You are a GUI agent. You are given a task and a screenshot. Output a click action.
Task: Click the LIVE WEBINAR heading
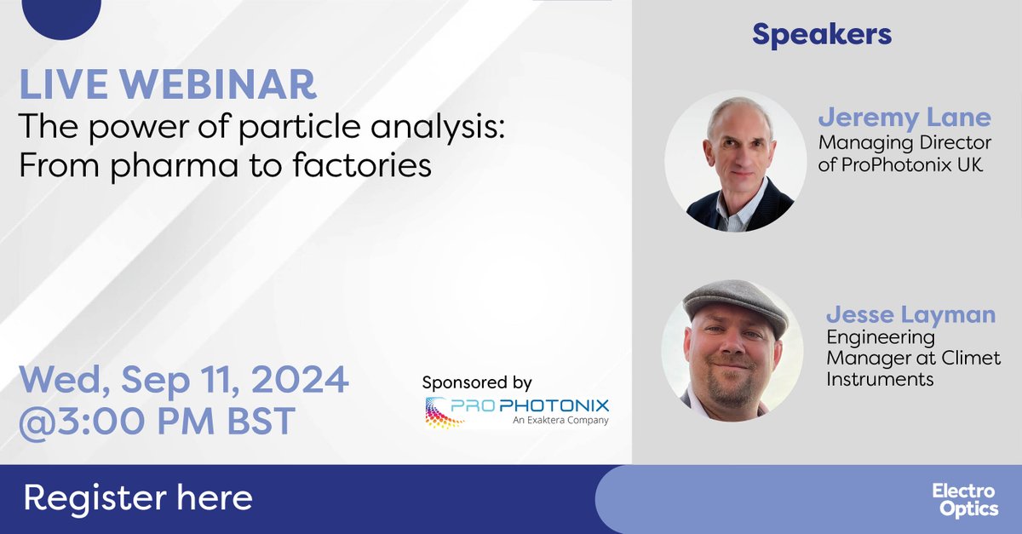(168, 86)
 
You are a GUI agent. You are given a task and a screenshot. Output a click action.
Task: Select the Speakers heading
(822, 34)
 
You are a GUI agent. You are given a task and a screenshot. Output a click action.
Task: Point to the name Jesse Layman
(910, 314)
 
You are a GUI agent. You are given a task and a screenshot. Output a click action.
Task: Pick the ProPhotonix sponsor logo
(518, 410)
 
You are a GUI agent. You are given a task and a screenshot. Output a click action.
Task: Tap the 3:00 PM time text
(137, 420)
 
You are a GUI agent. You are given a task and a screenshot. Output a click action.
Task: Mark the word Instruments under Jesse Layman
(880, 379)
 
